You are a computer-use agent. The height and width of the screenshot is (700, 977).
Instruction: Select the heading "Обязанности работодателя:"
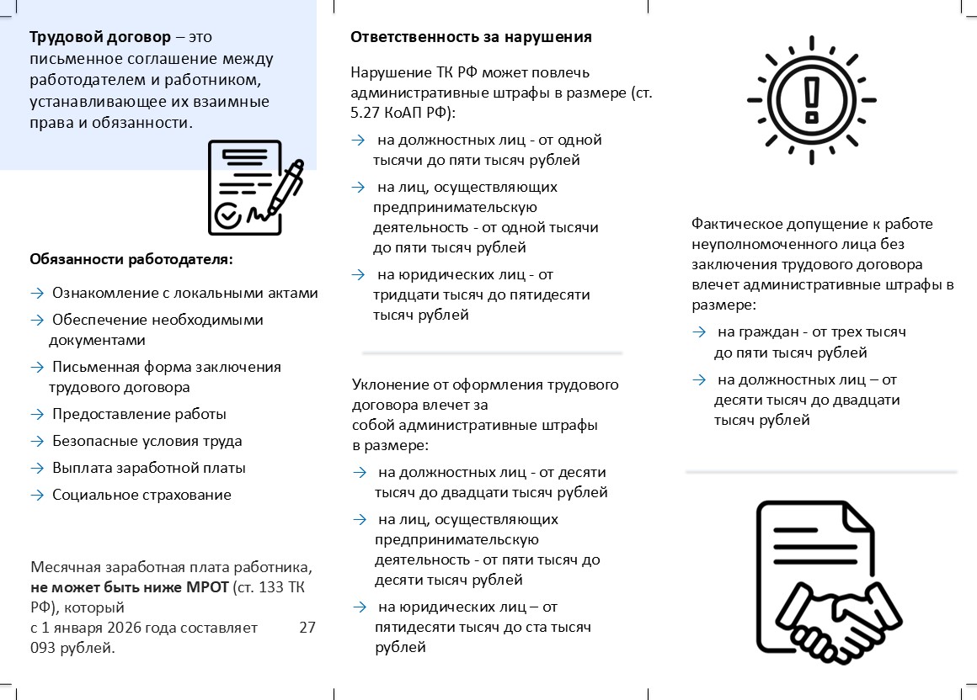pos(131,259)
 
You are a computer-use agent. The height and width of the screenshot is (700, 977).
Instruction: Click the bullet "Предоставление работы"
pos(139,414)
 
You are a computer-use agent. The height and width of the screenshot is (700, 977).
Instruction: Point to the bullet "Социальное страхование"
pos(141,495)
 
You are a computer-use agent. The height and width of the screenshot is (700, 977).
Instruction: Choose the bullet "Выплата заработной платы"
pos(149,468)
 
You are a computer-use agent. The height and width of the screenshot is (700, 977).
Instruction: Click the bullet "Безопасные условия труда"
pos(147,441)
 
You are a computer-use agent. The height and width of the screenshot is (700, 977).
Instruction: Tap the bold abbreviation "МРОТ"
pos(207,587)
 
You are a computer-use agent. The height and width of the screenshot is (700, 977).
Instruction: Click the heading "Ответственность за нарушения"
pos(471,37)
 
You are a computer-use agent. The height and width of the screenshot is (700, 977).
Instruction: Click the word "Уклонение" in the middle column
pos(386,384)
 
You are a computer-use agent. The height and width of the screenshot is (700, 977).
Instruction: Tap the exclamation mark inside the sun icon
pos(811,98)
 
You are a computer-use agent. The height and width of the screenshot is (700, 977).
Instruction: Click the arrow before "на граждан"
pos(698,332)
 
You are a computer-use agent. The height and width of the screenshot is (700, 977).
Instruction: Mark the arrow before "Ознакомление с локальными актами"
pos(37,294)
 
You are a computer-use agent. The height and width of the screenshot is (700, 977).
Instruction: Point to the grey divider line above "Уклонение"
pos(492,353)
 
